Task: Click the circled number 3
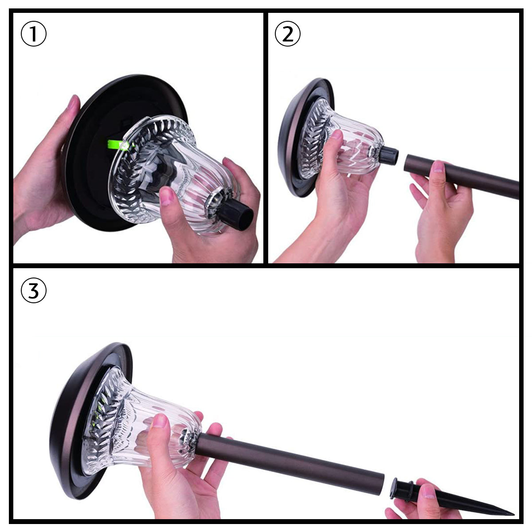pos(34,290)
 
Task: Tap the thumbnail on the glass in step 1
pos(167,196)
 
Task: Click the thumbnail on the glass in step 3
pos(159,421)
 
